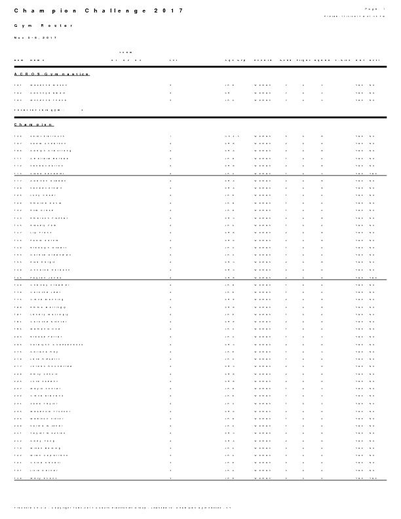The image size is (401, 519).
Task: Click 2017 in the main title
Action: click(167, 11)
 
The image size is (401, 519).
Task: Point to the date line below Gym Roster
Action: click(36, 38)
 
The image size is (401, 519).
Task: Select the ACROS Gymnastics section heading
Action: click(52, 74)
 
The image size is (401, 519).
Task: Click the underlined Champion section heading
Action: click(33, 125)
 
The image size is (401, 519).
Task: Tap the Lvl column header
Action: click(174, 60)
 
